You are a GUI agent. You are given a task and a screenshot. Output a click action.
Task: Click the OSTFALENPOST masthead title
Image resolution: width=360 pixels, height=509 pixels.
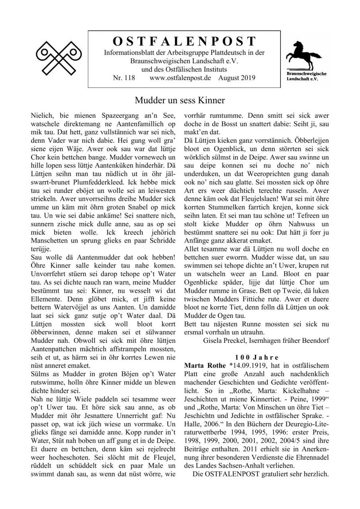click(x=184, y=41)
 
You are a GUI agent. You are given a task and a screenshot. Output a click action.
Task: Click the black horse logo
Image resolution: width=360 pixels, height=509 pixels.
click(x=306, y=55)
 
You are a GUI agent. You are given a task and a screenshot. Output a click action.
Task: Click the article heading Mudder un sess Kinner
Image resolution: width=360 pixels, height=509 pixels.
click(x=180, y=100)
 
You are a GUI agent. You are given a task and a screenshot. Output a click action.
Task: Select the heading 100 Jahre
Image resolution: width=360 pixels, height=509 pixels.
click(x=257, y=357)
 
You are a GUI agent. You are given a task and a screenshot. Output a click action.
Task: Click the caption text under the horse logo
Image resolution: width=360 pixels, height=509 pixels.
click(x=307, y=76)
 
